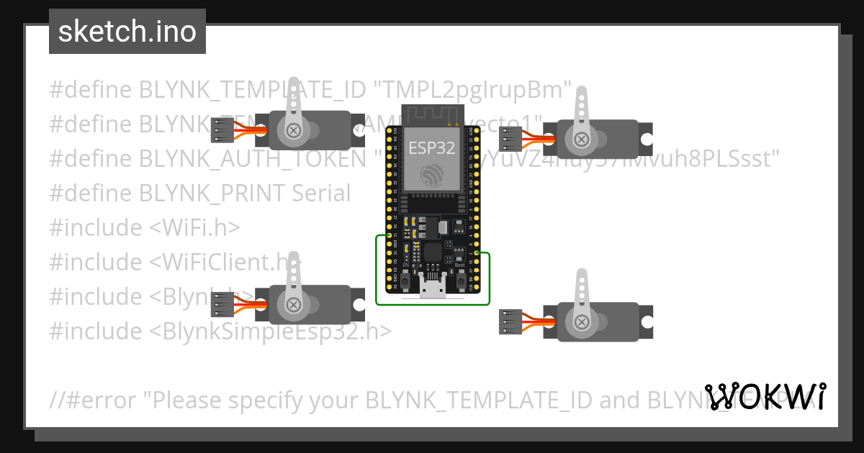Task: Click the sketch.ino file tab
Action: (127, 32)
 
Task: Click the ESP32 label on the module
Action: (431, 148)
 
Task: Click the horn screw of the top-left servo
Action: (294, 130)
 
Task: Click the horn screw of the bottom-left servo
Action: (294, 305)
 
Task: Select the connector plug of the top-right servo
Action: (510, 138)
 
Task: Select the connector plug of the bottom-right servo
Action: (510, 321)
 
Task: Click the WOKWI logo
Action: (765, 396)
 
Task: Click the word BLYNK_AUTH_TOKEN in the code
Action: (253, 158)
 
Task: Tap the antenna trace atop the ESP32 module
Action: (431, 114)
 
